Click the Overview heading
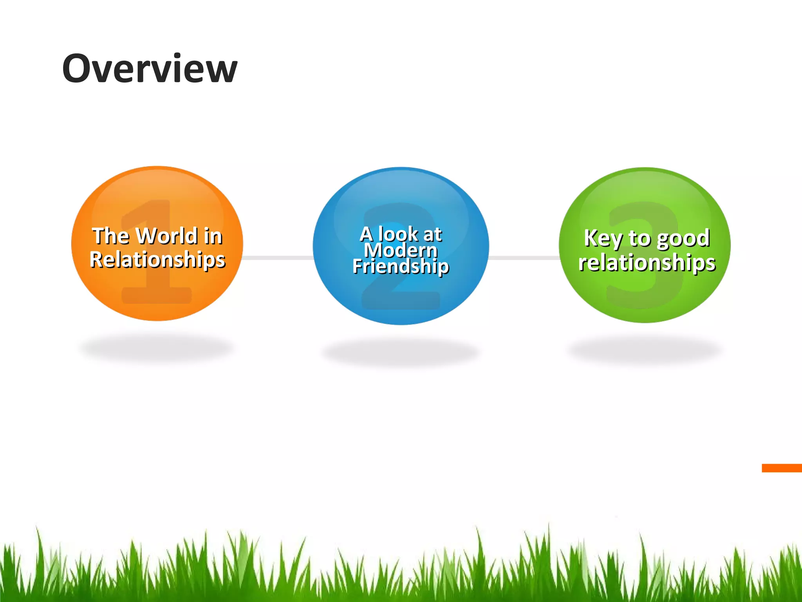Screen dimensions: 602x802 pos(150,69)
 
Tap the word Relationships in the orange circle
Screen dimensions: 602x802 pos(157,259)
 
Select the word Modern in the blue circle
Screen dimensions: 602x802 pos(401,250)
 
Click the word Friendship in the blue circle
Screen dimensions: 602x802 pos(401,267)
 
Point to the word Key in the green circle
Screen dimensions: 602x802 pos(603,238)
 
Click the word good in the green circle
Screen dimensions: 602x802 pos(683,238)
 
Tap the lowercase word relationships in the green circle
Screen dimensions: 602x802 pos(647,262)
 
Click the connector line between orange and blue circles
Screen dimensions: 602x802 pos(278,257)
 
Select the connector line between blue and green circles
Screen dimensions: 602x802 pos(524,257)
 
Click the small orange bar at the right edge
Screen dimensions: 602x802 pos(782,468)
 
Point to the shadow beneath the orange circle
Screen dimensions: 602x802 pos(157,348)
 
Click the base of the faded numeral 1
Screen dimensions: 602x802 pos(157,296)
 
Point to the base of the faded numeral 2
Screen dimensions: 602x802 pos(401,301)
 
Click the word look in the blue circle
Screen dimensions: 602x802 pos(398,234)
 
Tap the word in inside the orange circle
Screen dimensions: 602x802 pos(213,236)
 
